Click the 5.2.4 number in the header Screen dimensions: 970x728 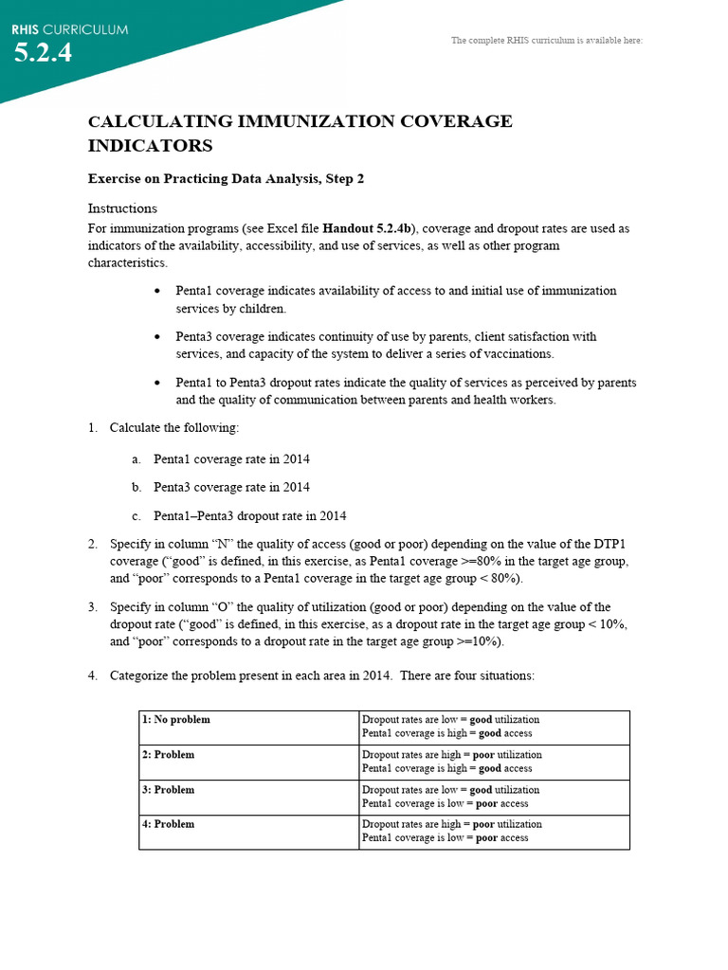[43, 53]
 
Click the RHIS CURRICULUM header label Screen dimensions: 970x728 [69, 29]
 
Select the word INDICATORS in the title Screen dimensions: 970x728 [150, 146]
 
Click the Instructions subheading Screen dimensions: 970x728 [122, 208]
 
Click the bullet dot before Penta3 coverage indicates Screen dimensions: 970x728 [156, 337]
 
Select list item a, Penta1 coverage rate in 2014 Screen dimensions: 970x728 [231, 459]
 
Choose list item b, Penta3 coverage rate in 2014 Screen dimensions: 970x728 [231, 488]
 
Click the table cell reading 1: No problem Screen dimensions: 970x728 [176, 720]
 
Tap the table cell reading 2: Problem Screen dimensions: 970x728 [169, 755]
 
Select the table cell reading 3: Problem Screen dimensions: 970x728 [169, 790]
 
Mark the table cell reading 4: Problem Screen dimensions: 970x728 [169, 824]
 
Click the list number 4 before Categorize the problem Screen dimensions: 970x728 [93, 676]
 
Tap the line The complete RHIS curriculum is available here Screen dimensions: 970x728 [547, 41]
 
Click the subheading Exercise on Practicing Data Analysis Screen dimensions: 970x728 [226, 178]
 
